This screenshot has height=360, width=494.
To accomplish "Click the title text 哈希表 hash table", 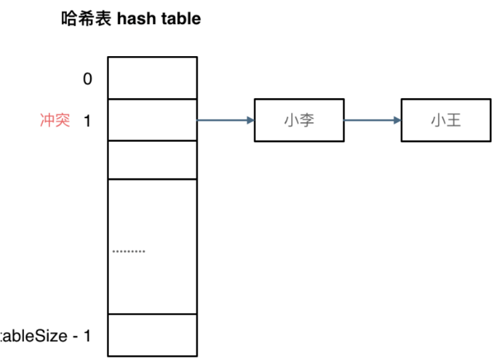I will click(130, 19).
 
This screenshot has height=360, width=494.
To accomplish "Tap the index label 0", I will click(87, 79).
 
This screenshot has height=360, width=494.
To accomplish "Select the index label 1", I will click(87, 121).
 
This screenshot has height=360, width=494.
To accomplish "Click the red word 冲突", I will click(55, 121).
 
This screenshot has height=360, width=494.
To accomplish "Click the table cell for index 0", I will click(152, 78).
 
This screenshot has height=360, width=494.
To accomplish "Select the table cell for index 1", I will click(152, 120).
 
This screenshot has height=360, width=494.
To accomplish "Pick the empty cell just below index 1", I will click(152, 160).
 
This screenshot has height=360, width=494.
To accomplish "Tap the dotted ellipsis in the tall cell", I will click(128, 252).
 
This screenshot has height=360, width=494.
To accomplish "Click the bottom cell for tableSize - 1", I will click(152, 335).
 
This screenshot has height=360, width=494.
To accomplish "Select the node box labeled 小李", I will click(298, 121).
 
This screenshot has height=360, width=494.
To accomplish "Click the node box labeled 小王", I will click(445, 121).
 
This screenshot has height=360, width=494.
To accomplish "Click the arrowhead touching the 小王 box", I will click(397, 121).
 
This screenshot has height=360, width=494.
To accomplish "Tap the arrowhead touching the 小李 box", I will click(250, 121).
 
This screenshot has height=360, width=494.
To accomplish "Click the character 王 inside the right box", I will click(454, 121).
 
